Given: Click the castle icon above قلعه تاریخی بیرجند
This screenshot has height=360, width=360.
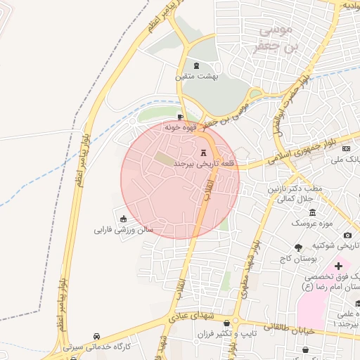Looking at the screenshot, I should point(204,153).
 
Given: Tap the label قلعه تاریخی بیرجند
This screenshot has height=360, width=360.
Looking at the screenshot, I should point(203,164).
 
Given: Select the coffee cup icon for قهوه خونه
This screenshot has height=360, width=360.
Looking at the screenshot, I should point(181,117).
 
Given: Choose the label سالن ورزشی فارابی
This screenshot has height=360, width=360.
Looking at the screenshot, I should point(124,229).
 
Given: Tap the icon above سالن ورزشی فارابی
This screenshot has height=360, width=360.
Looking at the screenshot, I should point(124,218).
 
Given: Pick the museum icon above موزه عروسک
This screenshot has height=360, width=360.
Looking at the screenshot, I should point(312,213).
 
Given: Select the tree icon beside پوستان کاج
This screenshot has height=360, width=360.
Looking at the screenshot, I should point(298,247).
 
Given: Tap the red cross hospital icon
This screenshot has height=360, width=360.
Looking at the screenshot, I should point(338,266).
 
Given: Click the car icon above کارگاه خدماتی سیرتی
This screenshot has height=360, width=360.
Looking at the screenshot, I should point(105,336).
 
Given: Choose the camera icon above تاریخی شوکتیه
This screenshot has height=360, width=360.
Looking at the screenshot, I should point(347,235).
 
